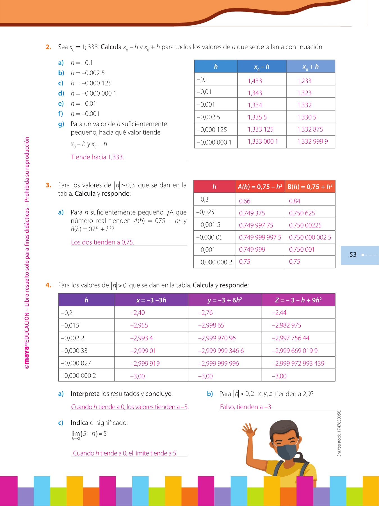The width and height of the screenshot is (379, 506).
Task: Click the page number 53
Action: pyautogui.click(x=353, y=255)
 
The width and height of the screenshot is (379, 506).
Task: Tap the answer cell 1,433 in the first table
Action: pyautogui.click(x=255, y=81)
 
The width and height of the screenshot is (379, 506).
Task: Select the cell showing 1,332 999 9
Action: pyautogui.click(x=312, y=141)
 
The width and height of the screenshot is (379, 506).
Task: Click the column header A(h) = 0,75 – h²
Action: pyautogui.click(x=260, y=187)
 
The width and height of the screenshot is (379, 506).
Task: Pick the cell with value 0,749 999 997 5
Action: pyautogui.click(x=260, y=237)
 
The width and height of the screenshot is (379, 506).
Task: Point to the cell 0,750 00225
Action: pyautogui.click(x=305, y=225)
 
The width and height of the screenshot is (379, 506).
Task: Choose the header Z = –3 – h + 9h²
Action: pyautogui.click(x=298, y=300)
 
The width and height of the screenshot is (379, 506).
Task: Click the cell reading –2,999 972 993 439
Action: pyautogui.click(x=298, y=363)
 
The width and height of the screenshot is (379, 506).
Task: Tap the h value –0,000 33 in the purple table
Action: pyautogui.click(x=74, y=351)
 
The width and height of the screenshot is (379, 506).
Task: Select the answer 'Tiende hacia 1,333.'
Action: pyautogui.click(x=97, y=157)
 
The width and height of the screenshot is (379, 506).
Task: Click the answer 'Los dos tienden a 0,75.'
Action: pyautogui.click(x=102, y=242)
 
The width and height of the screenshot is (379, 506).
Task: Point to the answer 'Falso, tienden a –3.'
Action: pyautogui.click(x=246, y=407)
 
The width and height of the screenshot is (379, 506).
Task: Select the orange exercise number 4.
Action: pyautogui.click(x=48, y=285)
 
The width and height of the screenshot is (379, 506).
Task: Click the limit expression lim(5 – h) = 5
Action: pyautogui.click(x=89, y=435)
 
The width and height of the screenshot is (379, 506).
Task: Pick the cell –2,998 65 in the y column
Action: pyautogui.click(x=211, y=325)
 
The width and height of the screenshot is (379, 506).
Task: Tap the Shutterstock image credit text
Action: pyautogui.click(x=339, y=433)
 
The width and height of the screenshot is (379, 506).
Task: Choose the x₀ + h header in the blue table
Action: pyautogui.click(x=310, y=67)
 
